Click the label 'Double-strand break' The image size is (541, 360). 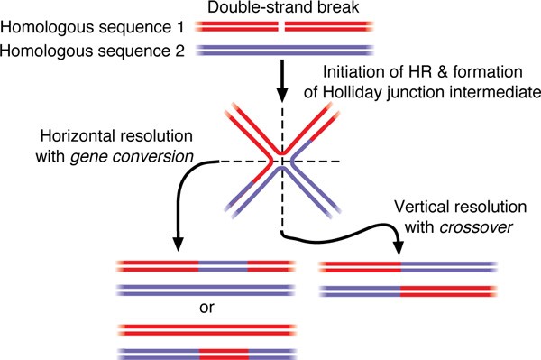[285, 8]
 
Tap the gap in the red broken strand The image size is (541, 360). [284, 28]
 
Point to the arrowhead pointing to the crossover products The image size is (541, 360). [396, 247]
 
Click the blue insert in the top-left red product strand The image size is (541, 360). [223, 268]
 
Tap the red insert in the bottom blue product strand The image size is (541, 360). [223, 348]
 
